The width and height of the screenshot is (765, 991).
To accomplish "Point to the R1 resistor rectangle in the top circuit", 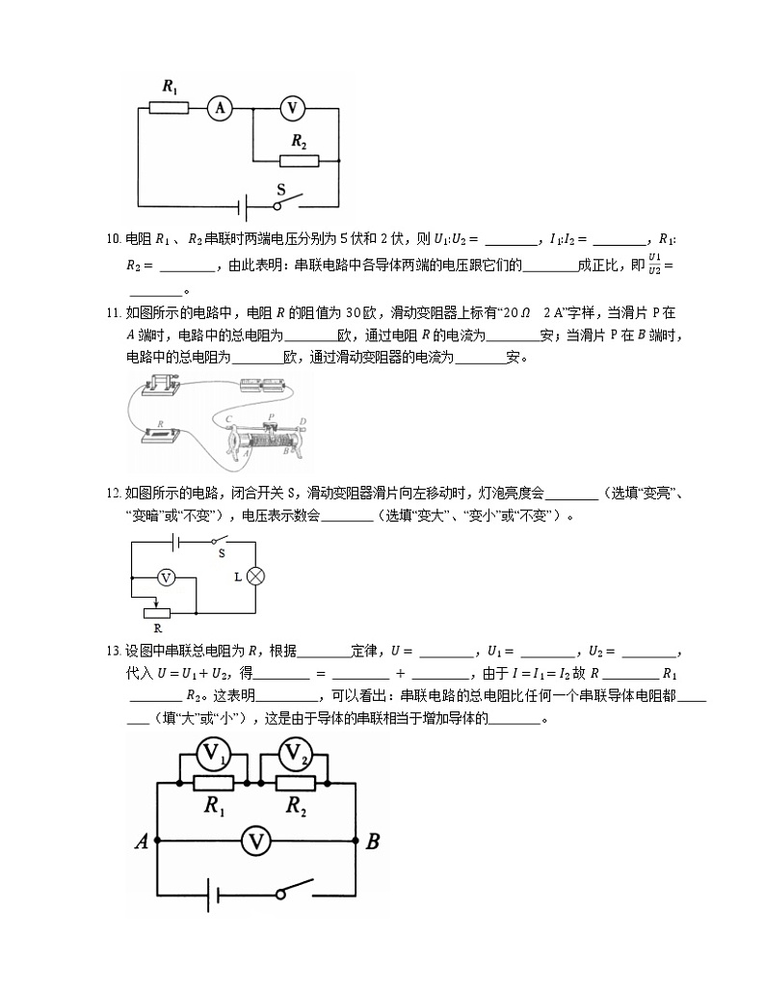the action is pos(170,108).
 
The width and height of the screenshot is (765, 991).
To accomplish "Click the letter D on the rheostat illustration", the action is pos(303,420).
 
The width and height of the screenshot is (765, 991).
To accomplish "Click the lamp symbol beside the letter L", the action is pos(255,576).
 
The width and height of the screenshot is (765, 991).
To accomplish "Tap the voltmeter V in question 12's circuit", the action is pos(166,577).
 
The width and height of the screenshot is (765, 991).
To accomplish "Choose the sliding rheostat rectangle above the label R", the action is pos(156,611).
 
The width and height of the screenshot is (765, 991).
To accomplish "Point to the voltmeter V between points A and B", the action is pos(255,842).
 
